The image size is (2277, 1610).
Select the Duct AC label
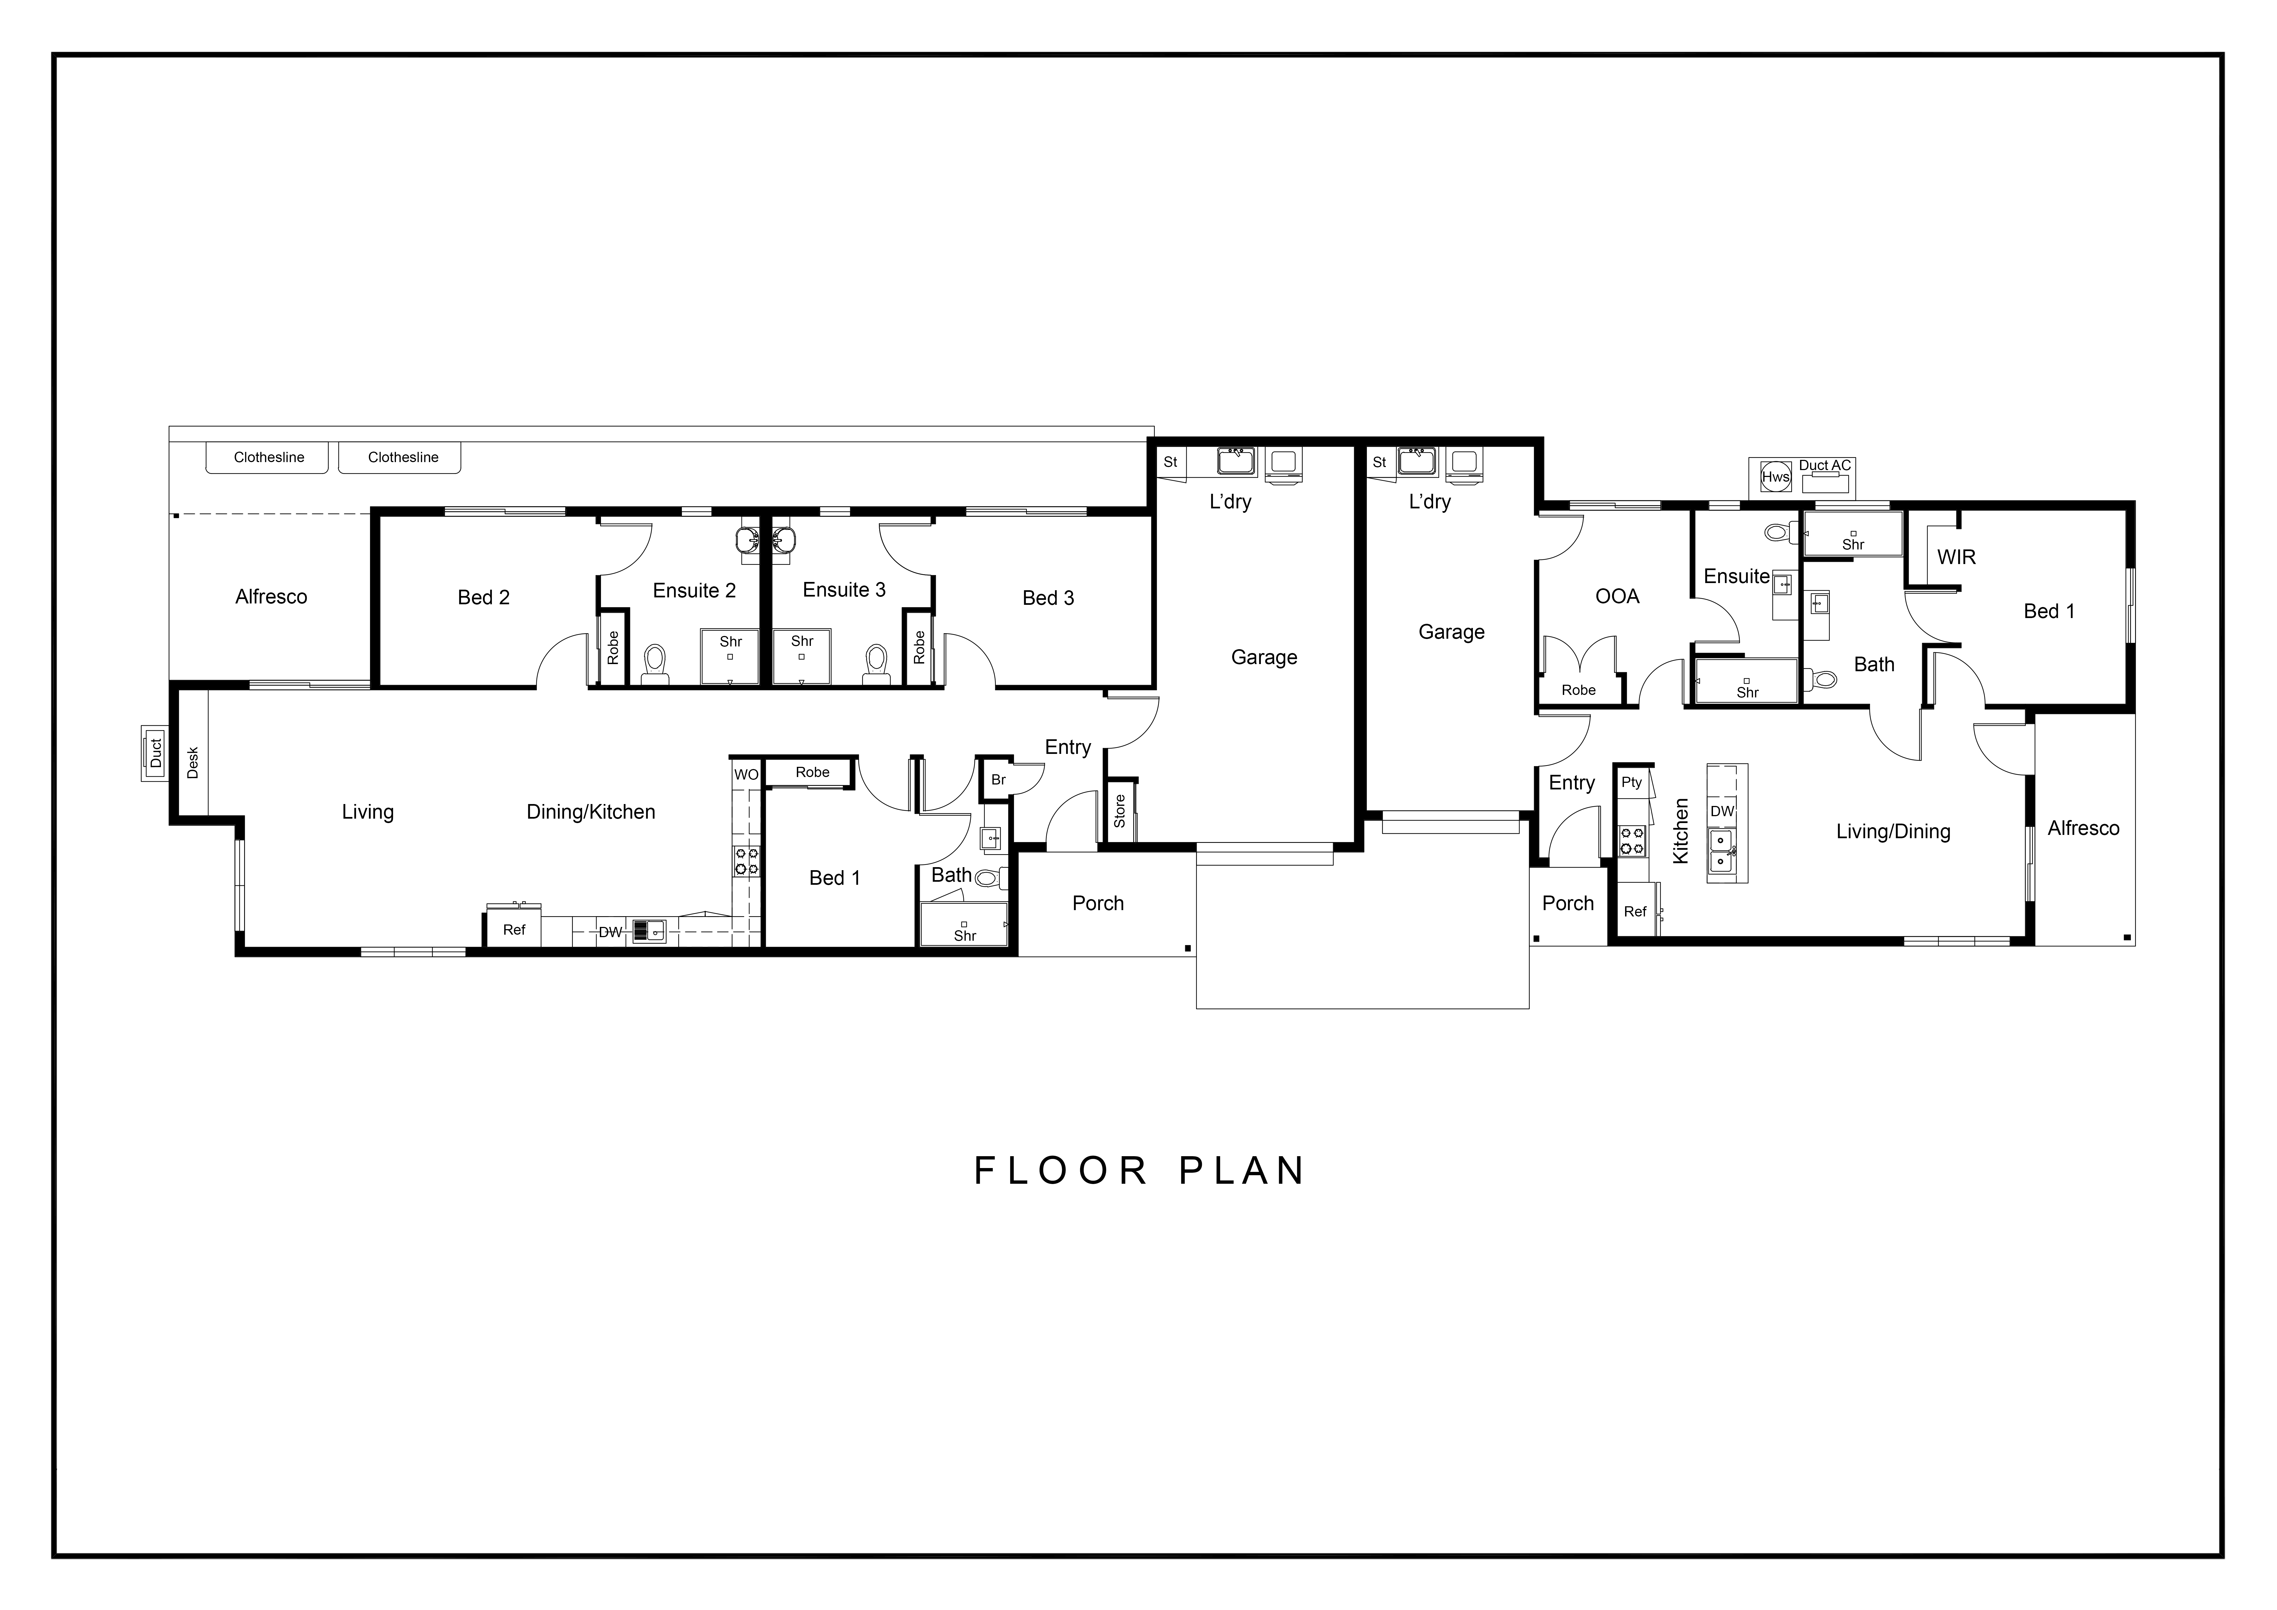1825,465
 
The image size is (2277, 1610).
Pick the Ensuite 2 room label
694,590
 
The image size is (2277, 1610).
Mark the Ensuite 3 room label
844,589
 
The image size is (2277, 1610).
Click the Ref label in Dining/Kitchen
514,929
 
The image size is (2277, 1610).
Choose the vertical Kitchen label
1681,831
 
